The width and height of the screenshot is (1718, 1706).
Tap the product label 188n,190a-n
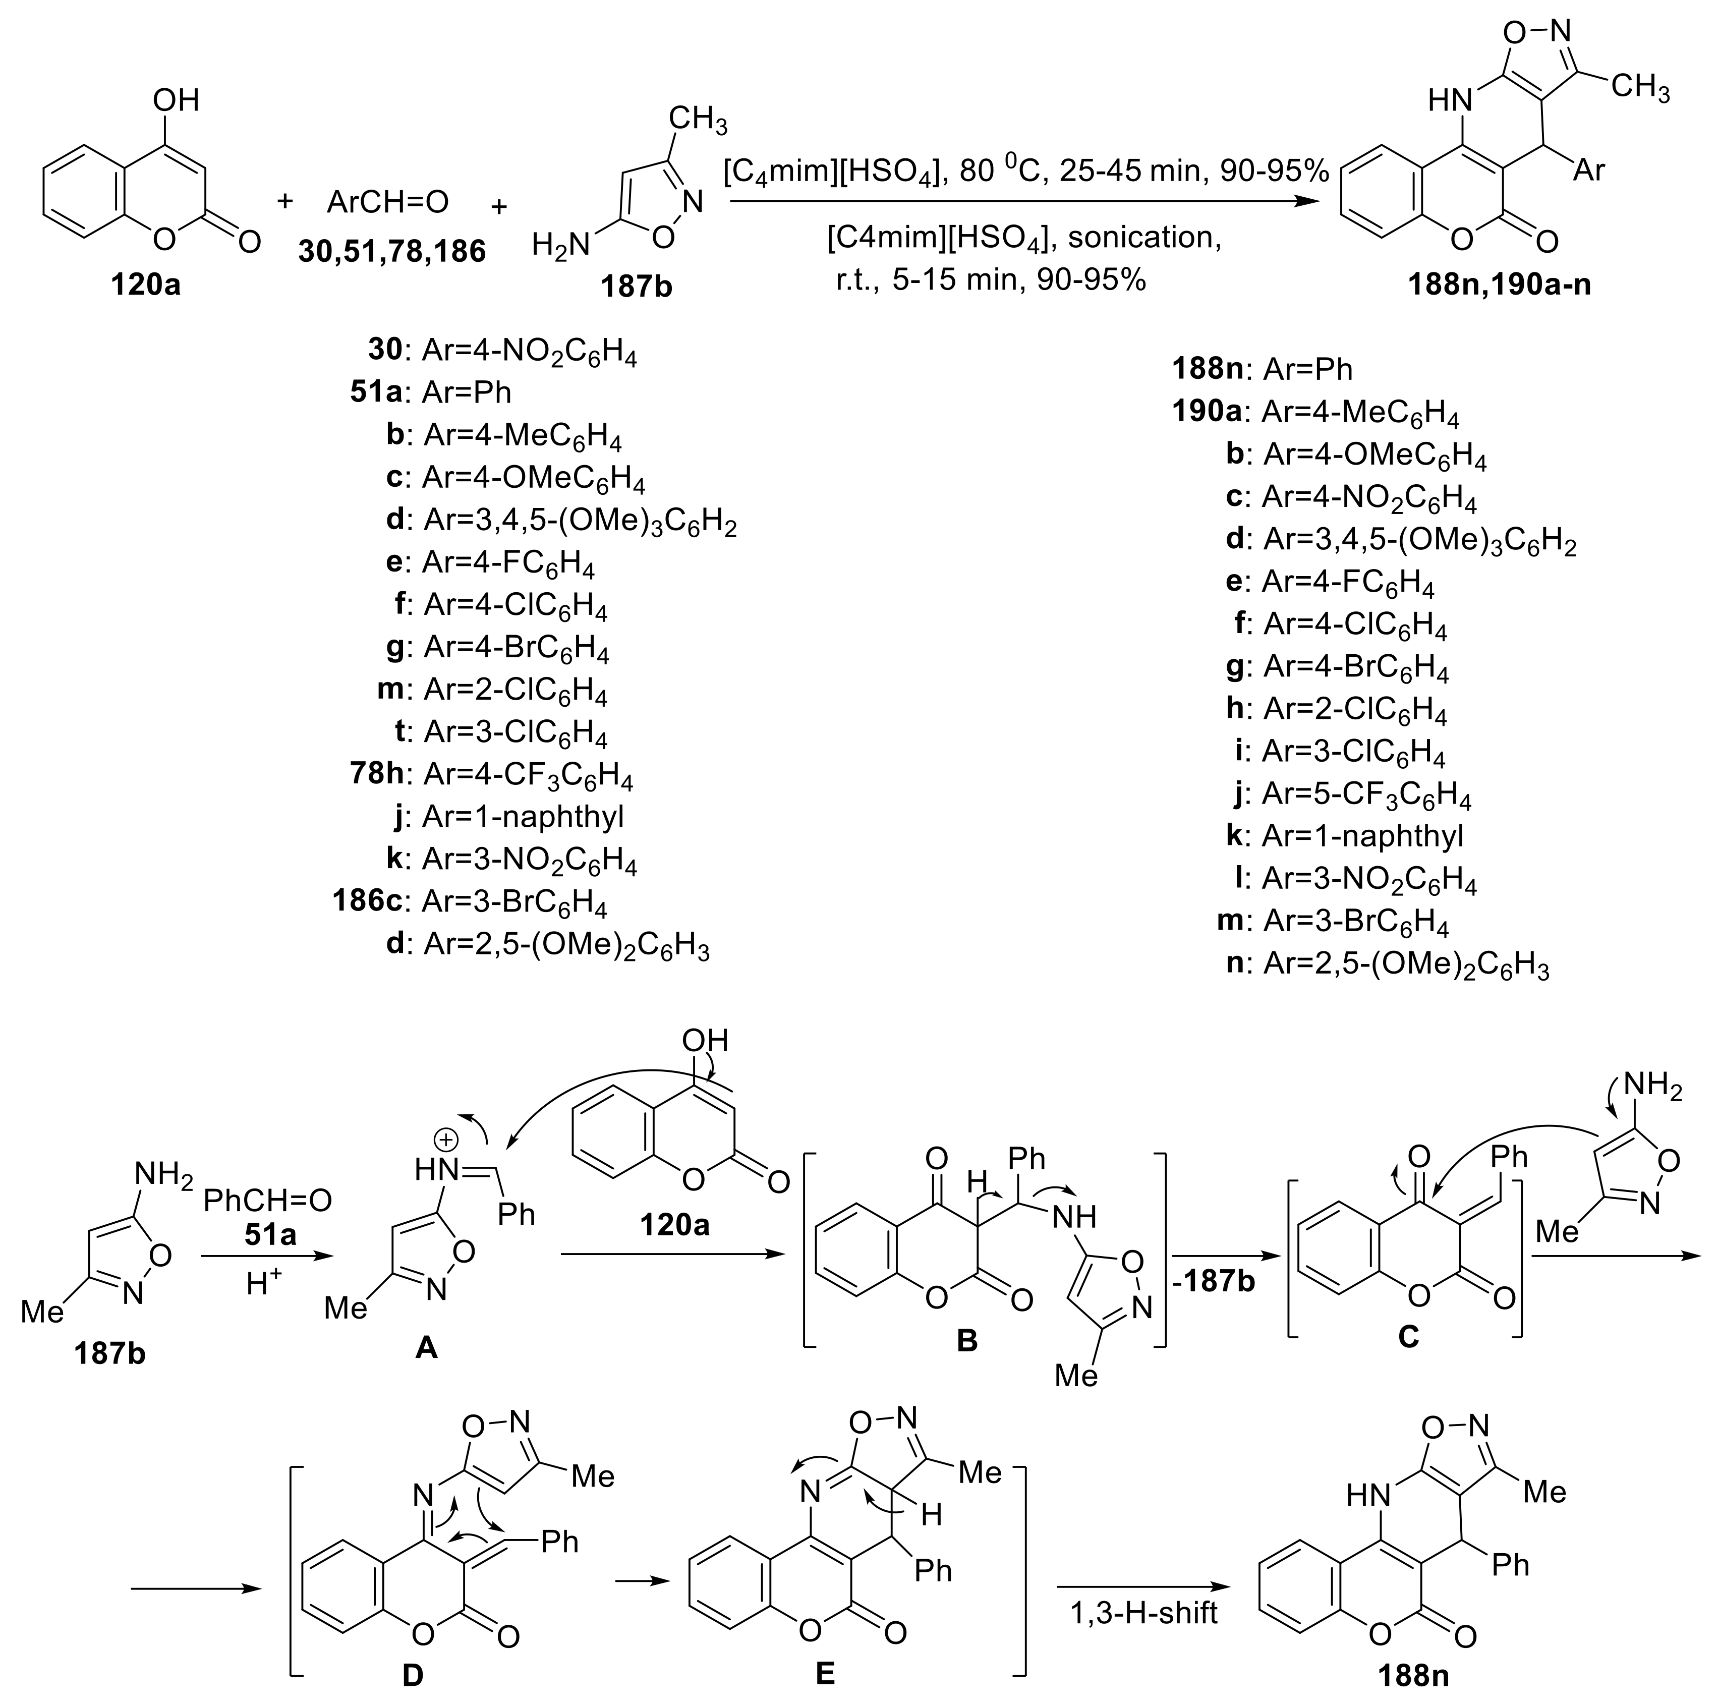1499,286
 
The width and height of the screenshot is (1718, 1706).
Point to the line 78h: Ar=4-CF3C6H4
492,775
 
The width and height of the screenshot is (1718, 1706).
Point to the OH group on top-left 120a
175,99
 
